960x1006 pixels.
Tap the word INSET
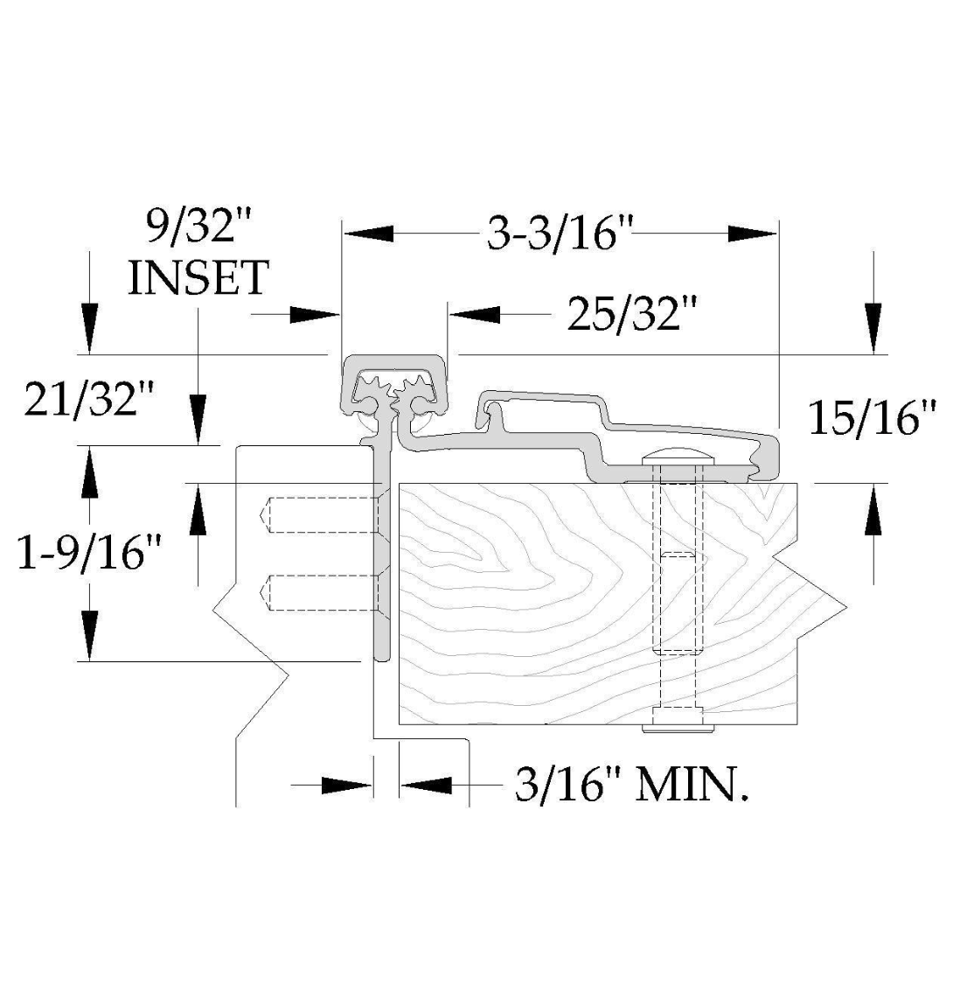(x=198, y=278)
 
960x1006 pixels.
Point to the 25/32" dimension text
(x=632, y=314)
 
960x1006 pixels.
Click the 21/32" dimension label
(x=89, y=398)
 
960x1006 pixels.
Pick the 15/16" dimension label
(x=873, y=417)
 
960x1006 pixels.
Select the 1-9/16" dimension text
(x=89, y=553)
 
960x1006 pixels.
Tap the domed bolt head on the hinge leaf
(x=678, y=456)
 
